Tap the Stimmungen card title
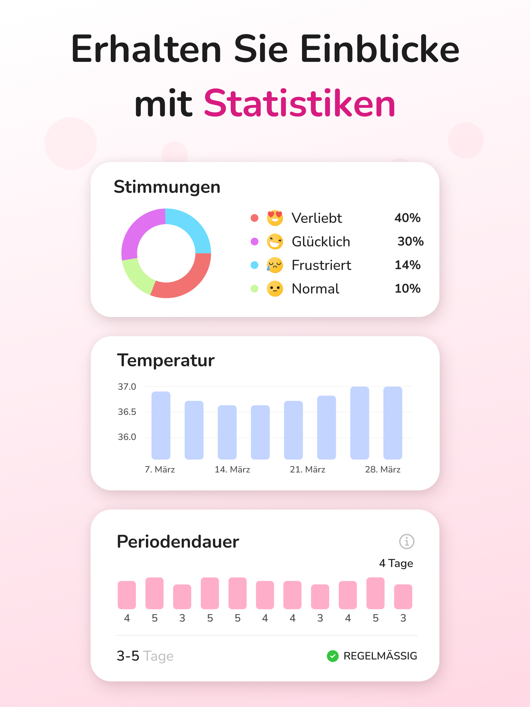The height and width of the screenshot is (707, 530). [167, 187]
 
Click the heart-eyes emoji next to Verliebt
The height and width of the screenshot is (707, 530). [275, 218]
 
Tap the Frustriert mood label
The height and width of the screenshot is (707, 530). [321, 265]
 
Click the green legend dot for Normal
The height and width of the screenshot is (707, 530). [254, 289]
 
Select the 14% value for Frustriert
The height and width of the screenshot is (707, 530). [408, 265]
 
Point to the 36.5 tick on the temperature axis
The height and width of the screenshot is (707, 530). [127, 412]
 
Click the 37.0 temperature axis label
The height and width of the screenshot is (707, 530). [127, 387]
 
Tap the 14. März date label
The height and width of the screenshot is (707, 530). [232, 469]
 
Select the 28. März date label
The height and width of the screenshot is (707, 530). [383, 469]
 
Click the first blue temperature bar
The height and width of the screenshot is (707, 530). [161, 425]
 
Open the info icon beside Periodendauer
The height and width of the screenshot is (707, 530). [407, 542]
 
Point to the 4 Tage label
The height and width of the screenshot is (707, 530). [396, 563]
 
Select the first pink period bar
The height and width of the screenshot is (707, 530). [127, 595]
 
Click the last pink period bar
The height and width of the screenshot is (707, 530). [403, 596]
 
